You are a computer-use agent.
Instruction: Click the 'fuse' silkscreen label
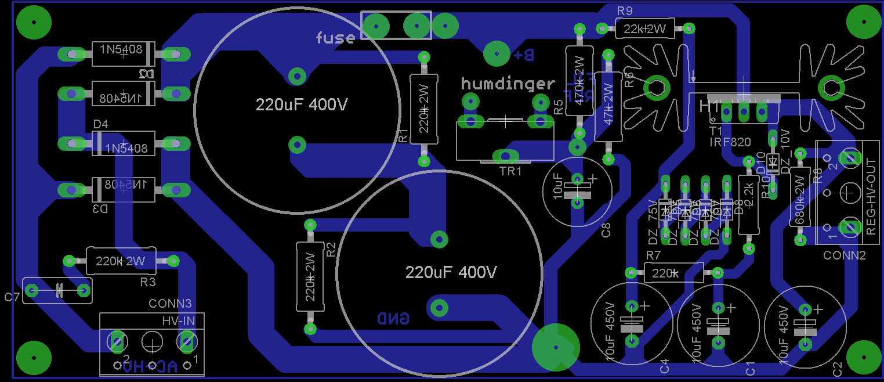tap(335, 38)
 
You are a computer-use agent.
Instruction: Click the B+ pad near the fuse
tap(497, 54)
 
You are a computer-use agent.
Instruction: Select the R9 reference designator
tap(625, 11)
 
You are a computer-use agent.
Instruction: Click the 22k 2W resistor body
tap(645, 28)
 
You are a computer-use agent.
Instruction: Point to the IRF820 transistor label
tap(730, 142)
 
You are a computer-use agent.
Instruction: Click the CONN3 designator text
tap(170, 304)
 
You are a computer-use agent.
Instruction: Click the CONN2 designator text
tap(844, 255)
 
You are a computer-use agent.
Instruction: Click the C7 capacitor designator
tap(12, 298)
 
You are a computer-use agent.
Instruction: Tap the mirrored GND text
tap(393, 318)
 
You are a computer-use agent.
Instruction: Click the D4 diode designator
tap(100, 124)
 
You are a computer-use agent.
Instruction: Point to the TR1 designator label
tap(511, 171)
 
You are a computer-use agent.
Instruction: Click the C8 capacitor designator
tap(606, 229)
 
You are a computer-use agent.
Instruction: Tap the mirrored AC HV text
tap(150, 366)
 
